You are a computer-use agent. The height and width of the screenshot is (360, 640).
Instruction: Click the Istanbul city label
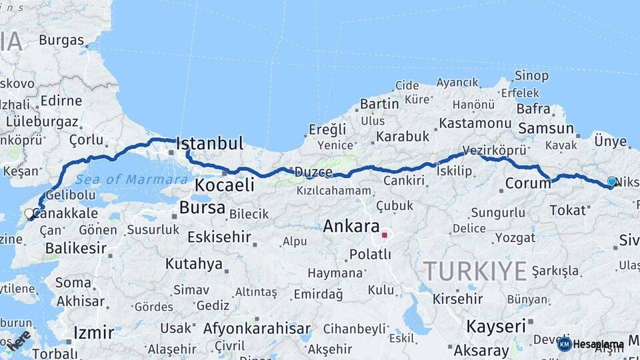pyautogui.click(x=209, y=143)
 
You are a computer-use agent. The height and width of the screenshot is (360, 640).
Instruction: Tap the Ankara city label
pyautogui.click(x=351, y=226)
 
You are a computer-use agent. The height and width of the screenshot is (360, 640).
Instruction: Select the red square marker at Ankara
pyautogui.click(x=384, y=235)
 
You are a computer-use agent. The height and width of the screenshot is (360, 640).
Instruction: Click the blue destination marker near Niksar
pyautogui.click(x=612, y=181)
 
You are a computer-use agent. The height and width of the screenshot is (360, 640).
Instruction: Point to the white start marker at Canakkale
pyautogui.click(x=29, y=213)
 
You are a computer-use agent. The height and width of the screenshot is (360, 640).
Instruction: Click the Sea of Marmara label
pyautogui.click(x=131, y=179)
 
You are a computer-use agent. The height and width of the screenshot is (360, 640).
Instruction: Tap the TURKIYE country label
pyautogui.click(x=475, y=271)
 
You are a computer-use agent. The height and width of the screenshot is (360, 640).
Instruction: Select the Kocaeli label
pyautogui.click(x=225, y=185)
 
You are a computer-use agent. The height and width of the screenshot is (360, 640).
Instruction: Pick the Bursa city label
pyautogui.click(x=202, y=207)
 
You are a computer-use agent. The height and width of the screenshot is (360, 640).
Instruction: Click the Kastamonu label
pyautogui.click(x=475, y=123)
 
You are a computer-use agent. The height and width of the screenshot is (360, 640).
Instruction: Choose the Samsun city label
pyautogui.click(x=545, y=128)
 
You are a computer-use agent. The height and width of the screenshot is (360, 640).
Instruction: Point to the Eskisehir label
pyautogui.click(x=219, y=237)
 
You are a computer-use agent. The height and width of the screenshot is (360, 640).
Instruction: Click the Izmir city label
pyautogui.click(x=94, y=332)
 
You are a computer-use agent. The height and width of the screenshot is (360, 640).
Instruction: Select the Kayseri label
pyautogui.click(x=495, y=327)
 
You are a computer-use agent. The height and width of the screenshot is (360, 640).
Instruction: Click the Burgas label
pyautogui.click(x=61, y=40)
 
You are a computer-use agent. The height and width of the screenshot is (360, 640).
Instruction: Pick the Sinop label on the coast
pyautogui.click(x=531, y=76)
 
